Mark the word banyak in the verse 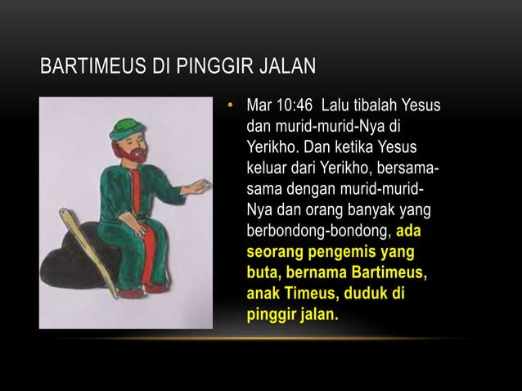click(369, 211)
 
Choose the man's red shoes click(155, 286)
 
